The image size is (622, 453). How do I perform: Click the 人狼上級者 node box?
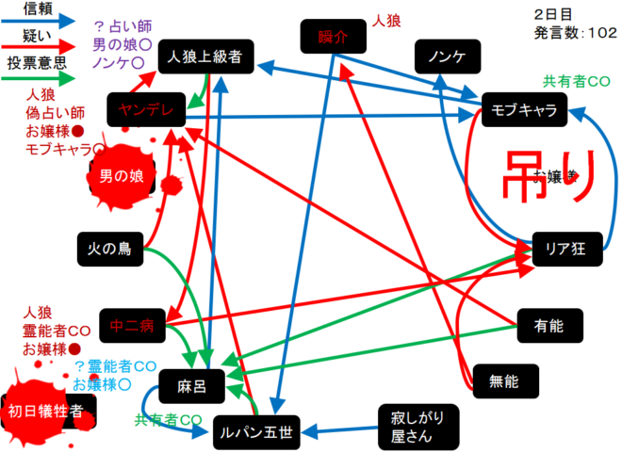pyautogui.click(x=205, y=57)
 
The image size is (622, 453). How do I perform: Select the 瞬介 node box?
pyautogui.click(x=333, y=39)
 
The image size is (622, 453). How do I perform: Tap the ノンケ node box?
pyautogui.click(x=448, y=57)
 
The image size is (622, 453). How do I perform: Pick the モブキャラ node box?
pyautogui.click(x=524, y=110)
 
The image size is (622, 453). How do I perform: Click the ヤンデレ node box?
pyautogui.click(x=146, y=110)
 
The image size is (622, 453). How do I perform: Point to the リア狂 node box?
pyautogui.click(x=566, y=249)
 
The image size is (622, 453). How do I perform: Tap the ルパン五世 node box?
pyautogui.click(x=254, y=434)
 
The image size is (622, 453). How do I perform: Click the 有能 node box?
pyautogui.click(x=549, y=326)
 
